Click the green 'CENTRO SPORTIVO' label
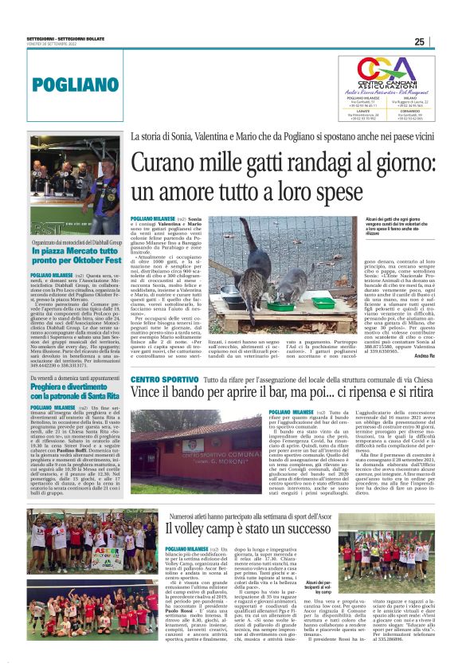click(x=163, y=379)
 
